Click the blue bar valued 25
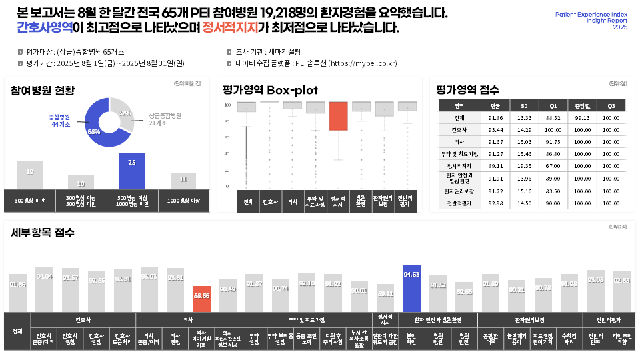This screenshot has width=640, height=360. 132,171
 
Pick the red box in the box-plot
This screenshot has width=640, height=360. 339,116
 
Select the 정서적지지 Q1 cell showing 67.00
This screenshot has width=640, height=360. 553,166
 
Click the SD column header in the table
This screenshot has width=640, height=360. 524,105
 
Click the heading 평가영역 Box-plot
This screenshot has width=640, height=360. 270,90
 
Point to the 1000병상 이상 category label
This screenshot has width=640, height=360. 184,200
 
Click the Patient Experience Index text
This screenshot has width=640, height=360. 591,14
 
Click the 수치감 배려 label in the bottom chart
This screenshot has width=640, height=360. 569,338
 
